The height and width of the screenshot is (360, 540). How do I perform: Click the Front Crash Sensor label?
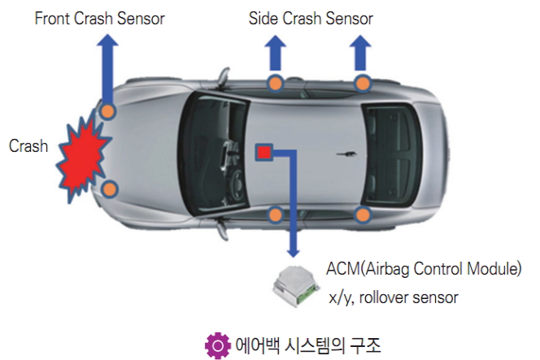click(x=99, y=17)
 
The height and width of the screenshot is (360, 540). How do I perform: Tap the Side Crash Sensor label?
click(x=312, y=17)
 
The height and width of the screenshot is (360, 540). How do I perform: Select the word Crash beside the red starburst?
click(x=28, y=147)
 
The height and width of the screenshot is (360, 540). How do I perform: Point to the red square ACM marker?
click(x=263, y=152)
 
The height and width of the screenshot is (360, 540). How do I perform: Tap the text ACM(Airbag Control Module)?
click(x=424, y=269)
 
